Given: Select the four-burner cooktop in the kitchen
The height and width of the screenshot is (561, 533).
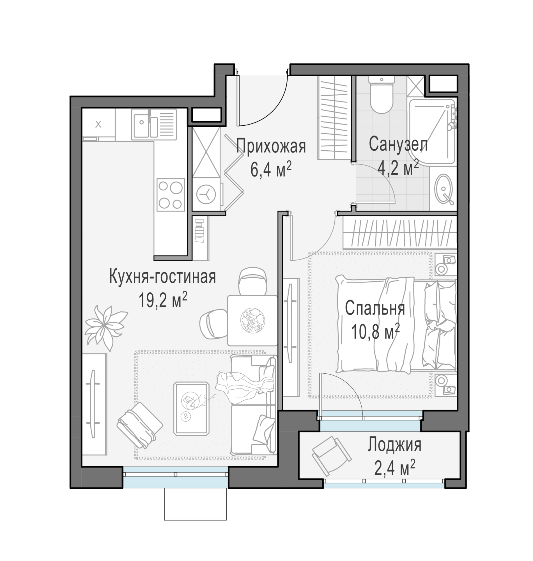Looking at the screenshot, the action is tap(171, 195).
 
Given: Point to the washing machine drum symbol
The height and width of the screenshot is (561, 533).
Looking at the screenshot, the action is tap(206, 195).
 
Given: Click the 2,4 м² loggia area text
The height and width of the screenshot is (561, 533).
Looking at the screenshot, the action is tap(395, 468).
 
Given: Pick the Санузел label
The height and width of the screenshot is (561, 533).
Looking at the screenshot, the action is tap(398, 144).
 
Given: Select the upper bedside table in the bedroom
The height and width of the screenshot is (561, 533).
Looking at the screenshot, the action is tap(445, 265).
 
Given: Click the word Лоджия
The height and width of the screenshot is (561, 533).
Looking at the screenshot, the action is tap(395, 445).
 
